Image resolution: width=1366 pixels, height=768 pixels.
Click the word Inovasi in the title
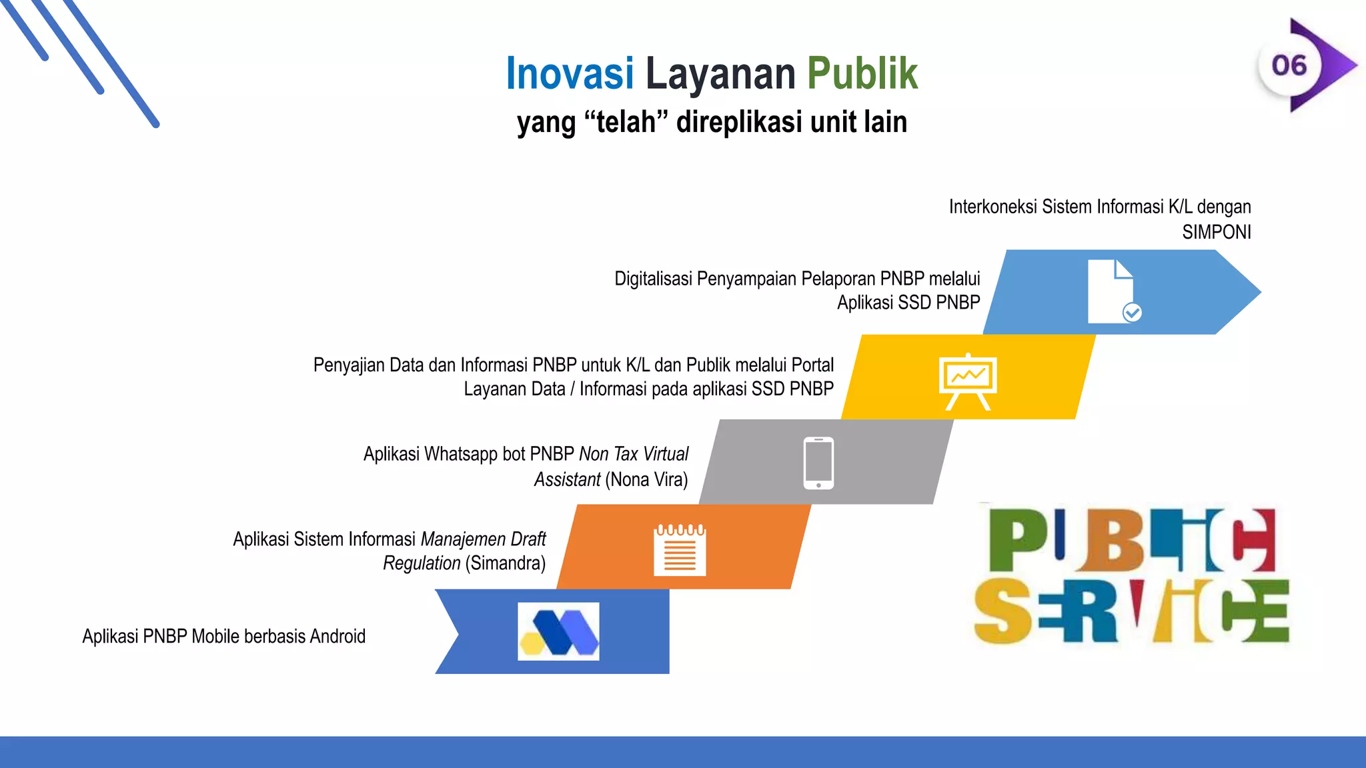point(570,73)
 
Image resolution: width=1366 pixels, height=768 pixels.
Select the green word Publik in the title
point(862,73)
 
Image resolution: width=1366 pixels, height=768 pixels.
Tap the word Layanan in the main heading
point(720,73)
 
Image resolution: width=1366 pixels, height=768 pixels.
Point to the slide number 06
point(1289,65)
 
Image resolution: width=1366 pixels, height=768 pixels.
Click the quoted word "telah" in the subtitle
point(626,122)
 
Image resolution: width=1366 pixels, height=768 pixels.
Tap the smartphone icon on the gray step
point(818,463)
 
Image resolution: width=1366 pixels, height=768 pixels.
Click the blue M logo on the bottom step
point(559,631)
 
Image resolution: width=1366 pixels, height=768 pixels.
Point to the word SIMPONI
point(1216,232)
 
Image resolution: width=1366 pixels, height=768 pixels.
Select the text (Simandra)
point(505,563)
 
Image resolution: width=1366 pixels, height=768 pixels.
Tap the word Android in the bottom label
point(337,636)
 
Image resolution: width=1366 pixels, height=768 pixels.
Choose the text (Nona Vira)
point(646,479)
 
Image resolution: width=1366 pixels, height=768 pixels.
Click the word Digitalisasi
point(653,279)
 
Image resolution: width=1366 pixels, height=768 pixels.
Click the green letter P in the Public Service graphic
point(1017,539)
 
